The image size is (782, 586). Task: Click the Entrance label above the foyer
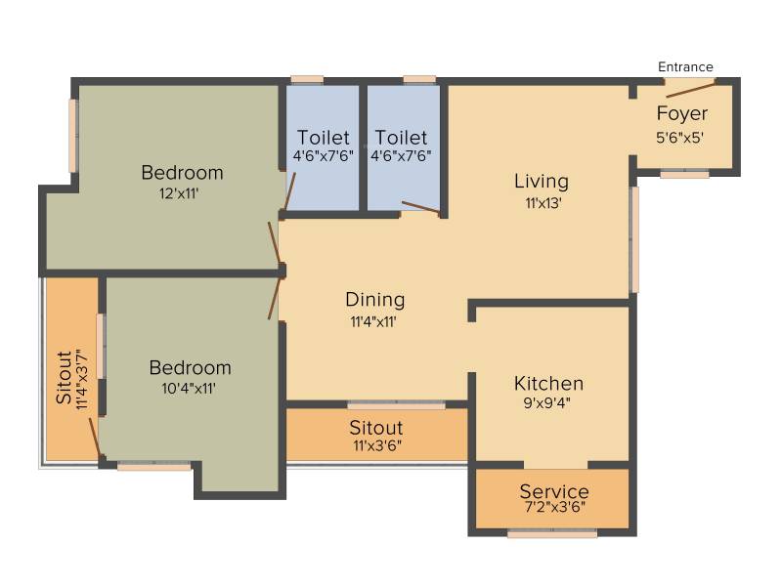point(685,66)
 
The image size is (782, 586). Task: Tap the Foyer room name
point(681,113)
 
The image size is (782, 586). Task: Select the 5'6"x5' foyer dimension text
point(679,137)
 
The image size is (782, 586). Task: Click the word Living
point(542,181)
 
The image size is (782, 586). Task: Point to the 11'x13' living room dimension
point(543,203)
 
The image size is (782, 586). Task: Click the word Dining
point(375,300)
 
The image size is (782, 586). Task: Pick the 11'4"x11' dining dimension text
point(373,321)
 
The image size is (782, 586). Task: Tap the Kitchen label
point(548,383)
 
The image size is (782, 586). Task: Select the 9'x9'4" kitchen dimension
point(546,402)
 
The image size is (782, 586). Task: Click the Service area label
point(554,491)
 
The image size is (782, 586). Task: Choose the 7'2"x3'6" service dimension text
point(554,507)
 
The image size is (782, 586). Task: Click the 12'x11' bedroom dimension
point(179,193)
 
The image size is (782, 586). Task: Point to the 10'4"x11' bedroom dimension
point(189,388)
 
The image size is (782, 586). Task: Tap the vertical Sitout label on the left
point(64,377)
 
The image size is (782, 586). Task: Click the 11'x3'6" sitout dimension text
point(377,445)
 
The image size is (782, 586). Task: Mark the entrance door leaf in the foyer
point(690,90)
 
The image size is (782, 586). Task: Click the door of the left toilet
point(289,190)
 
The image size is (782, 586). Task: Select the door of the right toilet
point(421,209)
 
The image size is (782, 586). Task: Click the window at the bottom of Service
point(552,533)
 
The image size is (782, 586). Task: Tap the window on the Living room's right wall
point(634,239)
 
